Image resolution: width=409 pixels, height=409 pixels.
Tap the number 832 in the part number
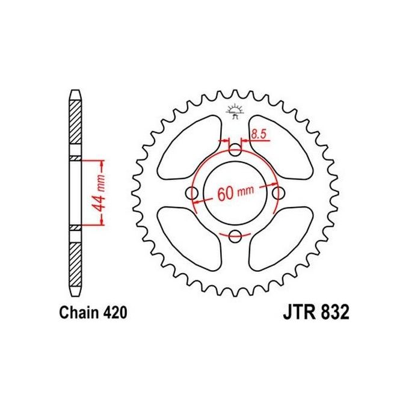coord(333,313)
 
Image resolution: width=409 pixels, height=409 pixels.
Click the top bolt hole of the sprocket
coord(235,150)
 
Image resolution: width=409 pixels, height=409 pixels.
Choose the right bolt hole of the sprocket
coord(278,193)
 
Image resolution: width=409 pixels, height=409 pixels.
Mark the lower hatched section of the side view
coord(75,262)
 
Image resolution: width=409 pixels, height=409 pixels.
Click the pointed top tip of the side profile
coord(75,92)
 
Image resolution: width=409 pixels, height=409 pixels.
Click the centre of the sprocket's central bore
coord(235,193)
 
